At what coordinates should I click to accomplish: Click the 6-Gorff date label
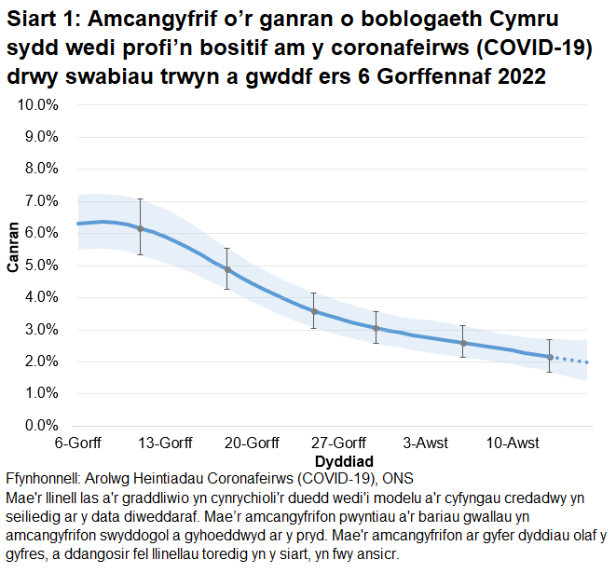78,443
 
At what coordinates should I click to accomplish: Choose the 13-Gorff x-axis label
164,443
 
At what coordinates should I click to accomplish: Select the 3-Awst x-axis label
426,443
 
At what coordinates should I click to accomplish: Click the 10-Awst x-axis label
512,443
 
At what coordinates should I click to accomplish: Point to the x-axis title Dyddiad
344,461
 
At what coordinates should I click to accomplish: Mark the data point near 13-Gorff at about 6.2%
140,228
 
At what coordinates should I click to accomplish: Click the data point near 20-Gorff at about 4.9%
227,269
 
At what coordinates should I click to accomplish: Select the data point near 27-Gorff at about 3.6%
314,311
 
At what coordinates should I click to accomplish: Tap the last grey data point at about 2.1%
550,357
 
